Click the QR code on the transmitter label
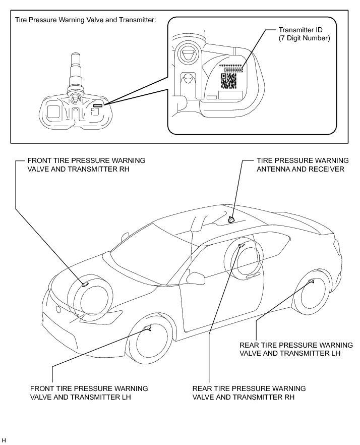tap(229, 81)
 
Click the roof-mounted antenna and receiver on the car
tap(231, 219)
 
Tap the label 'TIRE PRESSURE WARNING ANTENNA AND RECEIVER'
tap(300, 164)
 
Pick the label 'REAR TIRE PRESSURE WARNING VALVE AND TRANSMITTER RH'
tap(249, 393)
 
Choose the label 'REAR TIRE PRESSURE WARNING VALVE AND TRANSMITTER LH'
tap(296, 349)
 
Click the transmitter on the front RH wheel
tap(85, 285)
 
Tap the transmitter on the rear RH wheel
tap(241, 245)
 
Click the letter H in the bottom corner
tap(4, 441)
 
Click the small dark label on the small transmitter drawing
tap(97, 106)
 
